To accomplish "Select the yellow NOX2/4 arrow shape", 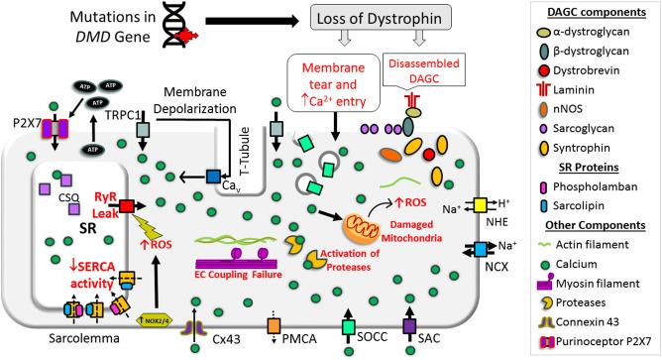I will click(163, 317).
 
